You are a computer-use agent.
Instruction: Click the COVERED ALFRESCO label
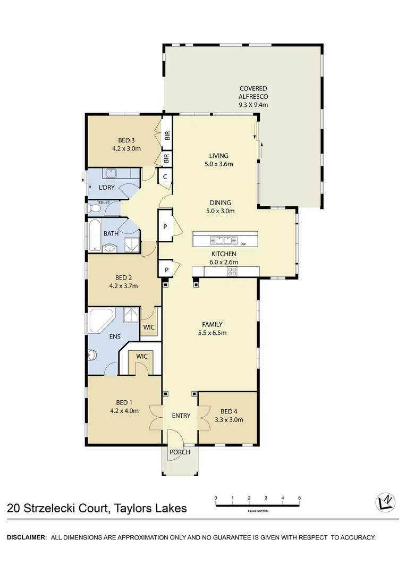coord(253,97)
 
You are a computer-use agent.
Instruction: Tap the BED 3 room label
coord(126,145)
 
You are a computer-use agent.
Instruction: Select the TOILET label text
coord(103,202)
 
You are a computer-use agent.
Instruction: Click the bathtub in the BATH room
coord(94,234)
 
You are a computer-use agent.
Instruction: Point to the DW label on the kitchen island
coord(243,244)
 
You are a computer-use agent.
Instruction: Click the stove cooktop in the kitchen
coord(232,272)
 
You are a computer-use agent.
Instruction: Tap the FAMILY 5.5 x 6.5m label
coord(212,328)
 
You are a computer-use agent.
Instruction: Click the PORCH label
coord(180,452)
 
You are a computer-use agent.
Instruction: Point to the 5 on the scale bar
coord(299,497)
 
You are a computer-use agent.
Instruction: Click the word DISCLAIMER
coord(27,537)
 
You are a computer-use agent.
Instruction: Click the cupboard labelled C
coord(165,177)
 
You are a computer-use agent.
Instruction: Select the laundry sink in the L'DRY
coord(112,173)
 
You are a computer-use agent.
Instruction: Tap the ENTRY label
coord(181,416)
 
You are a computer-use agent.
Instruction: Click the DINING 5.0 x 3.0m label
coord(220,206)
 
